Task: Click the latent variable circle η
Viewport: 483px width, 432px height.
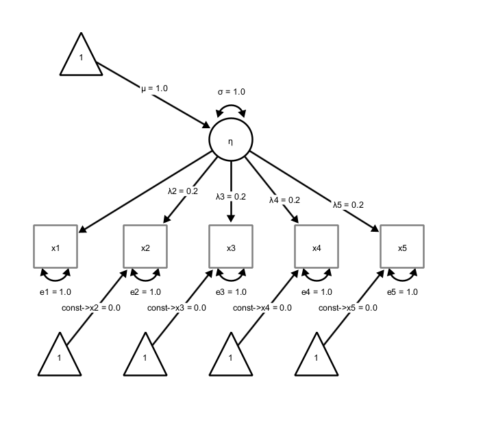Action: tap(231, 140)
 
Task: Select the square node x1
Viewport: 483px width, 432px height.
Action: tap(55, 246)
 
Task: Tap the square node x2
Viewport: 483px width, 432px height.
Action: tap(145, 246)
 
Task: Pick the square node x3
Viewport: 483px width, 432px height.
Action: tap(231, 246)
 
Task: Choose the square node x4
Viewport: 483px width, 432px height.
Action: tap(317, 246)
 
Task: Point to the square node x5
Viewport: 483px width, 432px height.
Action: tap(402, 246)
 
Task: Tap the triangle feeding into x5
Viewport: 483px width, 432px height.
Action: tap(317, 357)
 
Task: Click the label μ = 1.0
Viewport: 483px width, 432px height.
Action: tap(154, 88)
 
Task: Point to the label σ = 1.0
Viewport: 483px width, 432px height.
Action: tap(231, 92)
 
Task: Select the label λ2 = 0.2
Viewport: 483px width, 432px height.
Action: tap(183, 191)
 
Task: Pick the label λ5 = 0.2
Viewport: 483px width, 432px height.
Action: tap(348, 204)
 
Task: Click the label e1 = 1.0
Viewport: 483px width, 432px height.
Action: tap(55, 292)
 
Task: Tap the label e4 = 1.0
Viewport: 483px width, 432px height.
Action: tap(317, 292)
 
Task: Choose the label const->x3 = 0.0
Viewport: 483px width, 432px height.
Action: tap(177, 308)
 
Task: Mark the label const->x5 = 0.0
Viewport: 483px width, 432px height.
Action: tap(348, 308)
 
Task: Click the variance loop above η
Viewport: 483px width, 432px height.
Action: tap(231, 110)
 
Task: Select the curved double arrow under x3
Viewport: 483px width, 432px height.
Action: tap(231, 276)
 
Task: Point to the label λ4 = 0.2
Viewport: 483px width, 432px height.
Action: tap(284, 200)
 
